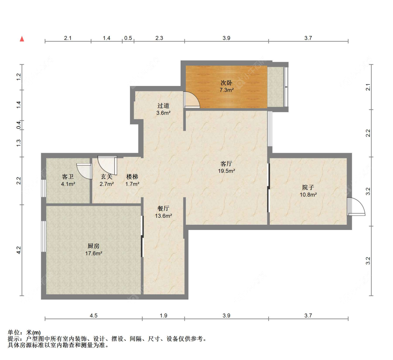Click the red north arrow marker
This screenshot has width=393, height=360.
(22, 39)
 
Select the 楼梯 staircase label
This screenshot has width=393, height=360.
(133, 177)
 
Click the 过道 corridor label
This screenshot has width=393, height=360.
(163, 106)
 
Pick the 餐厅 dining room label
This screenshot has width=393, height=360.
(163, 208)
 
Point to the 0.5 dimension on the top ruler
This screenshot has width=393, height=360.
(128, 38)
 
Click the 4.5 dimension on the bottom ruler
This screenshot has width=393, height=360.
(94, 315)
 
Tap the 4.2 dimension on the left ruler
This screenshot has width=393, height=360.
(19, 250)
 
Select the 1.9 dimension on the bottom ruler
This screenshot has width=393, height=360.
(163, 315)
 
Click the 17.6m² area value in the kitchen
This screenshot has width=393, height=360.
(94, 253)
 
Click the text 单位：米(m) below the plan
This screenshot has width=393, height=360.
(24, 332)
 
